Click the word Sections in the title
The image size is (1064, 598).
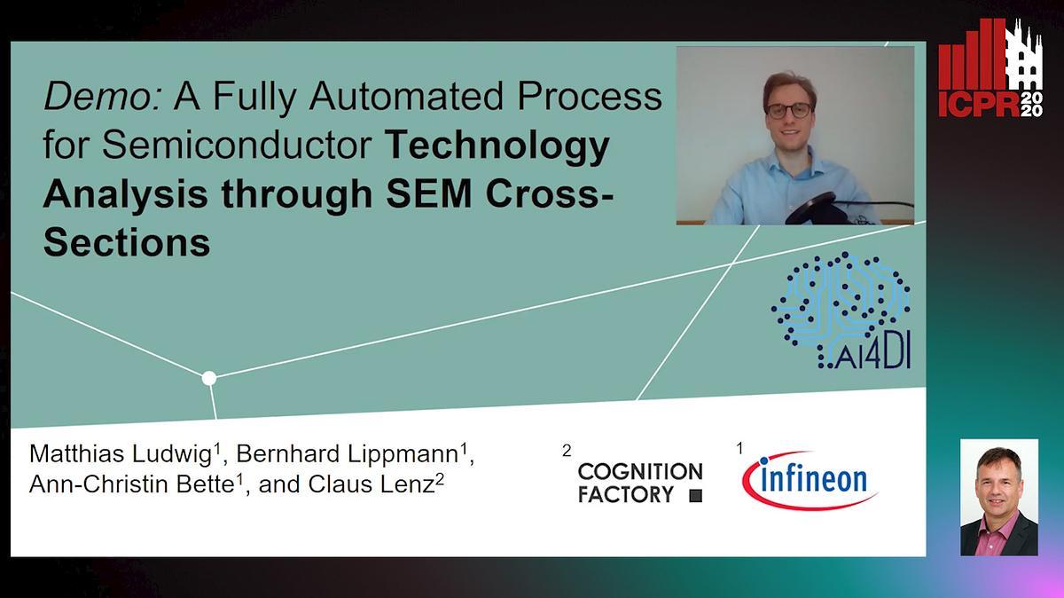pyautogui.click(x=126, y=241)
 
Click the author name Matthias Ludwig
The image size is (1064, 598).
pyautogui.click(x=120, y=455)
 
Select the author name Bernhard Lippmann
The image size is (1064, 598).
pyautogui.click(x=347, y=455)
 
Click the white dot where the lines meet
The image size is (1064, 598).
pyautogui.click(x=209, y=379)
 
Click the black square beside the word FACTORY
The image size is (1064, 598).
pyautogui.click(x=695, y=496)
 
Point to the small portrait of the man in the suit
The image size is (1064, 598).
pyautogui.click(x=999, y=497)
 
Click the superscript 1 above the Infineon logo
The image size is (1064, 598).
pyautogui.click(x=739, y=449)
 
